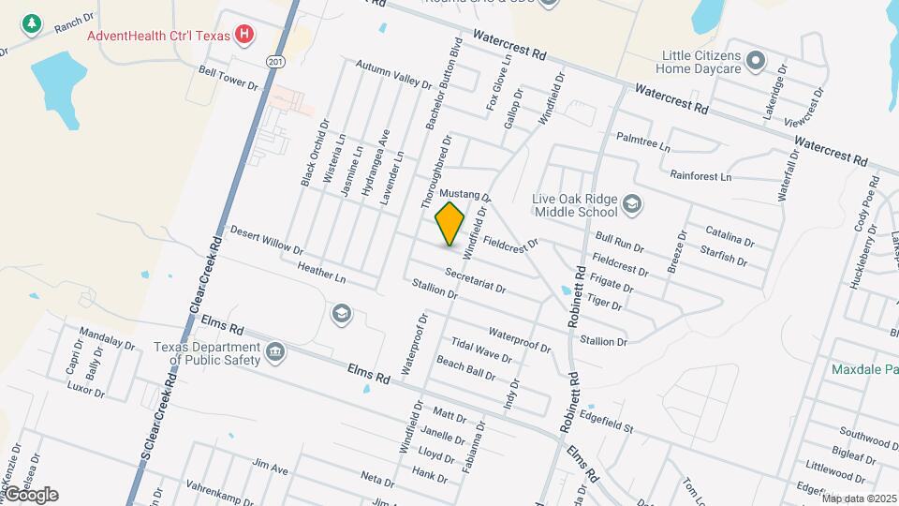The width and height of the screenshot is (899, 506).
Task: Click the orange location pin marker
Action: click(450, 223)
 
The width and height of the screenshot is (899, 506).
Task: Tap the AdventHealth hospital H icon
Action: click(245, 36)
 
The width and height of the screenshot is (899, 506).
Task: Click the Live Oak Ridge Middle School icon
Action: click(632, 204)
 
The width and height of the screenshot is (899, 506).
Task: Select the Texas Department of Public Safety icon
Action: click(275, 352)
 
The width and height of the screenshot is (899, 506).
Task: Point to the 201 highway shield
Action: click(273, 61)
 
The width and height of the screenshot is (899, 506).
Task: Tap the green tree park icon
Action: click(32, 23)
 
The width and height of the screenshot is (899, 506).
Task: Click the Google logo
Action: click(31, 495)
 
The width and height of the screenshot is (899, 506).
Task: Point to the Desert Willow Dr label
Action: click(267, 241)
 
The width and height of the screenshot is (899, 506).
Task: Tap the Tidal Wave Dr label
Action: click(480, 350)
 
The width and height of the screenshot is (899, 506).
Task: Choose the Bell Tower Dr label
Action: click(228, 78)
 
